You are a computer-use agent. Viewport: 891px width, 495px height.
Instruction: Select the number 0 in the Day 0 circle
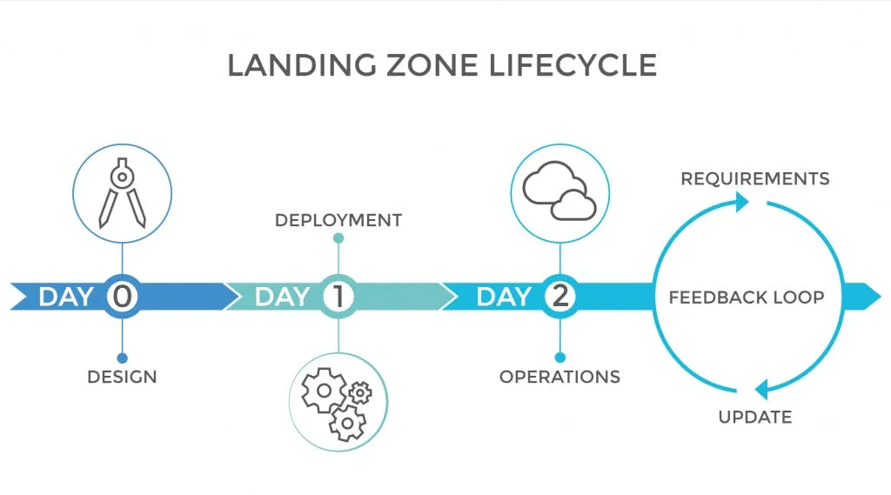pos(122,297)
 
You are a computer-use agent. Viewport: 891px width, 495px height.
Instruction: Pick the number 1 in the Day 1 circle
pos(338,297)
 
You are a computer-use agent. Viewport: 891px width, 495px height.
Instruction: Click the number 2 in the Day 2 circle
pos(559,297)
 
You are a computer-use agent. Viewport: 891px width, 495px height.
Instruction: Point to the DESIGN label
pos(122,378)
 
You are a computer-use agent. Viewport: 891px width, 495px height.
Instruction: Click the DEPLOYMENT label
pos(338,220)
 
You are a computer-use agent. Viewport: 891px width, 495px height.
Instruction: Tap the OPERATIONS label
pos(559,378)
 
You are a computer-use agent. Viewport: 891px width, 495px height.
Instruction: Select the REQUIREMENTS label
pos(754,179)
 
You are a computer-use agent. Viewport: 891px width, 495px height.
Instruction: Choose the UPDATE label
pos(754,418)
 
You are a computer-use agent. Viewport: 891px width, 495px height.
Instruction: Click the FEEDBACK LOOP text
pos(746,298)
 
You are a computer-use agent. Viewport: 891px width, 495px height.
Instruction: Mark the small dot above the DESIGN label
pos(122,358)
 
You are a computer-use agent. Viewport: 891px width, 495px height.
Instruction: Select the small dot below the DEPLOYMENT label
pos(338,238)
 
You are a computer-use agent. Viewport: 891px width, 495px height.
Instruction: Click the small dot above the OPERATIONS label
pos(559,358)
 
